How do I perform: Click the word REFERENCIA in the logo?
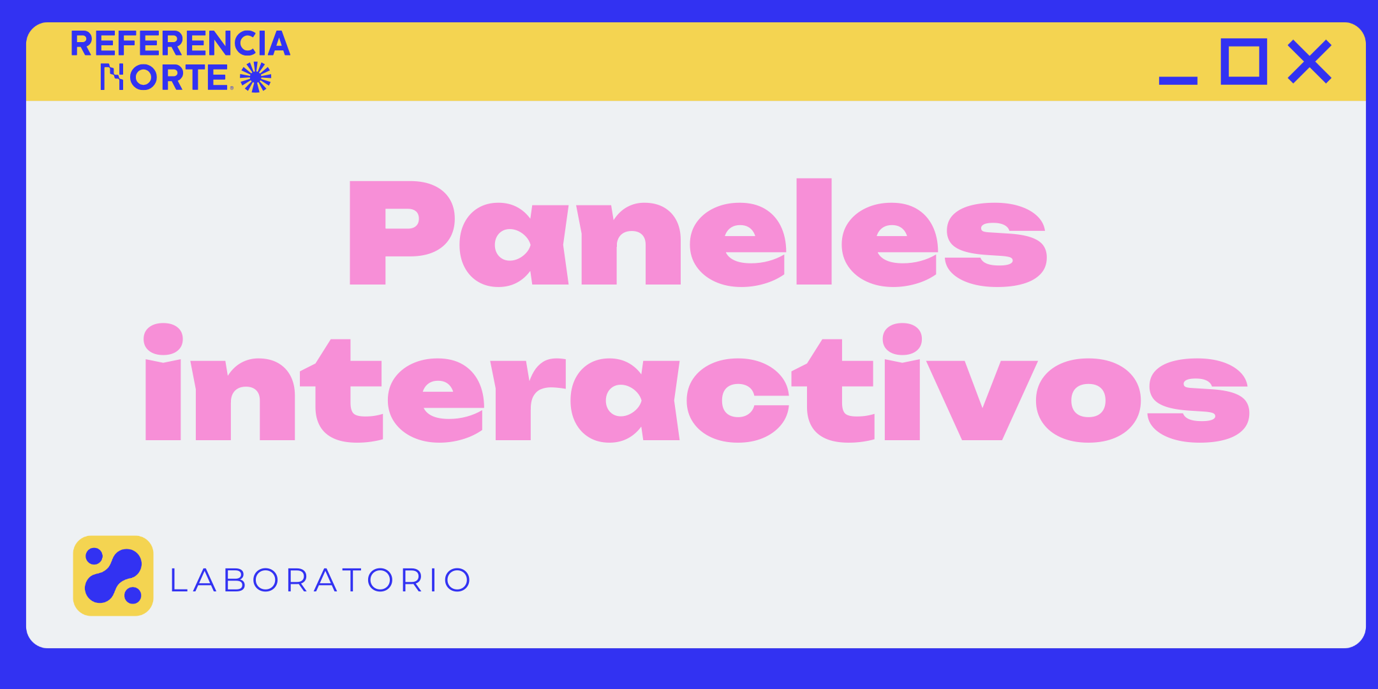(x=181, y=43)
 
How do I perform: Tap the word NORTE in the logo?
(x=164, y=77)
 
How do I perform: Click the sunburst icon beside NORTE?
(x=256, y=77)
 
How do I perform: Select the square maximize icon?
(x=1243, y=61)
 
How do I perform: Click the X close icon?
(x=1310, y=61)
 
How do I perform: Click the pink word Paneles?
(x=698, y=232)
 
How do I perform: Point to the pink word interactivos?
(x=697, y=383)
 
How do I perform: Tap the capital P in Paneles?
(x=402, y=233)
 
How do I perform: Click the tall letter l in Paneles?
(x=814, y=231)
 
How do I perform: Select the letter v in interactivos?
(x=982, y=401)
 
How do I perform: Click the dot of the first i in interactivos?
(x=163, y=339)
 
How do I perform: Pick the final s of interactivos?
(x=1198, y=401)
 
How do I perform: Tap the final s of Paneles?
(x=996, y=245)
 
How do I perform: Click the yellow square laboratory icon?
(x=114, y=575)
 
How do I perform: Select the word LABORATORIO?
(x=320, y=580)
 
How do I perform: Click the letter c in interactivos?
(x=738, y=401)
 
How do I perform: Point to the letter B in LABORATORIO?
(x=235, y=580)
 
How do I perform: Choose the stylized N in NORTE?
(x=112, y=77)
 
